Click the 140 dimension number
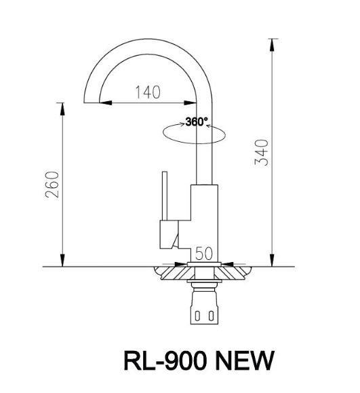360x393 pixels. (x=147, y=92)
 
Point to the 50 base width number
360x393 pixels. (x=204, y=254)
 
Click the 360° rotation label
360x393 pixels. (x=197, y=123)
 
